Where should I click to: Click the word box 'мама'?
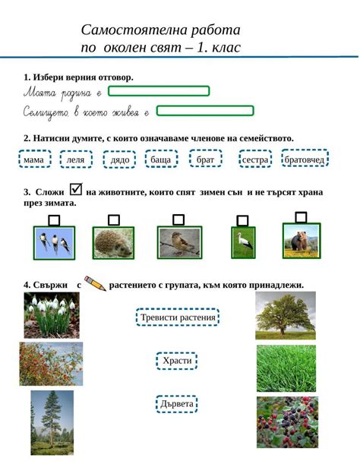pyautogui.click(x=33, y=160)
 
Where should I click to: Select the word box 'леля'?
pyautogui.click(x=76, y=160)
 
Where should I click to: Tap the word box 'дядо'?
pyautogui.click(x=120, y=160)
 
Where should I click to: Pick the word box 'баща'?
pyautogui.click(x=161, y=160)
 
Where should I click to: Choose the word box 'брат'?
pyautogui.click(x=205, y=160)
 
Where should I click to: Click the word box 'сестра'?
pyautogui.click(x=255, y=160)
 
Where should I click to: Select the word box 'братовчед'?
pyautogui.click(x=305, y=159)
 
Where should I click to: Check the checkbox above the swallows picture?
pyautogui.click(x=54, y=220)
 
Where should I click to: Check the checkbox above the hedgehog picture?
pyautogui.click(x=114, y=220)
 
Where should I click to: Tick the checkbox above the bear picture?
pyautogui.click(x=301, y=217)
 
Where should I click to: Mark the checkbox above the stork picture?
pyautogui.click(x=243, y=221)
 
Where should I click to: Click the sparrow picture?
pyautogui.click(x=179, y=242)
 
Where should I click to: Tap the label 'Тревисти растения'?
pyautogui.click(x=178, y=317)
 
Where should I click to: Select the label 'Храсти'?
pyautogui.click(x=177, y=361)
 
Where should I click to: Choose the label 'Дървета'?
pyautogui.click(x=177, y=404)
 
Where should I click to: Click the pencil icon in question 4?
pyautogui.click(x=96, y=284)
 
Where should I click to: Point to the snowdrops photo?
pyautogui.click(x=52, y=315)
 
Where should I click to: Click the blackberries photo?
pyautogui.click(x=286, y=421)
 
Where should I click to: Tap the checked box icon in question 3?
pyautogui.click(x=75, y=190)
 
